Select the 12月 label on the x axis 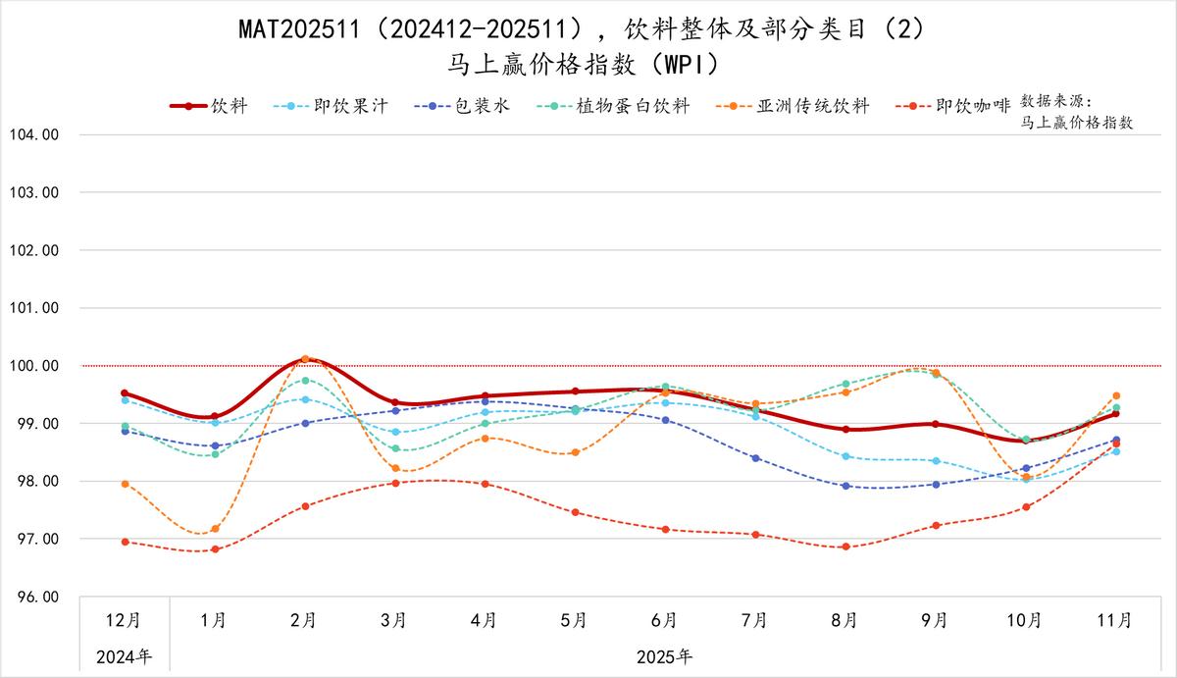pyautogui.click(x=124, y=620)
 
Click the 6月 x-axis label pyautogui.click(x=664, y=620)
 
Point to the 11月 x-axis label pyautogui.click(x=1115, y=620)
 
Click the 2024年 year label pyautogui.click(x=124, y=656)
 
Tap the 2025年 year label pyautogui.click(x=664, y=656)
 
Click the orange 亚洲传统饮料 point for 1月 pyautogui.click(x=215, y=529)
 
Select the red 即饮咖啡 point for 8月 pyautogui.click(x=845, y=547)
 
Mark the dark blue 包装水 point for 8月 pyautogui.click(x=845, y=486)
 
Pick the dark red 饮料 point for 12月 pyautogui.click(x=125, y=393)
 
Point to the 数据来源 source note pyautogui.click(x=1076, y=112)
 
